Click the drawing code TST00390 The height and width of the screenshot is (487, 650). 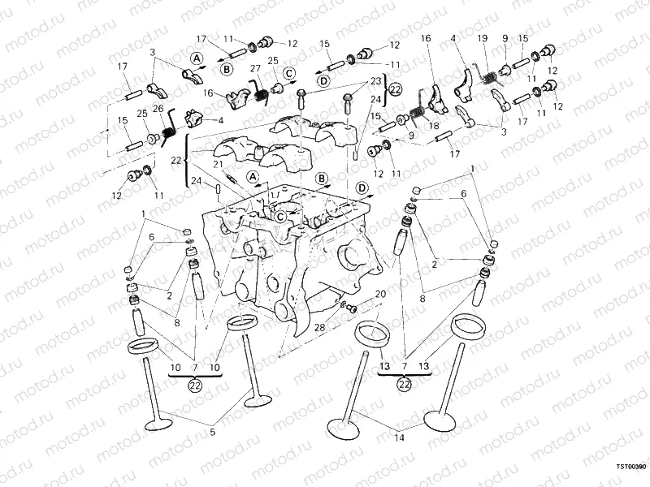630,468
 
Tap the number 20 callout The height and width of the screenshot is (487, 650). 380,294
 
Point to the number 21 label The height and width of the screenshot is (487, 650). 218,165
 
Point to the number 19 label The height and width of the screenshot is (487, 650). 482,38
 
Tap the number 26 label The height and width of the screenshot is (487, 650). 158,108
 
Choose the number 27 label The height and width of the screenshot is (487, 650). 254,68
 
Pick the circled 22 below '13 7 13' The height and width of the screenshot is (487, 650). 404,385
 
